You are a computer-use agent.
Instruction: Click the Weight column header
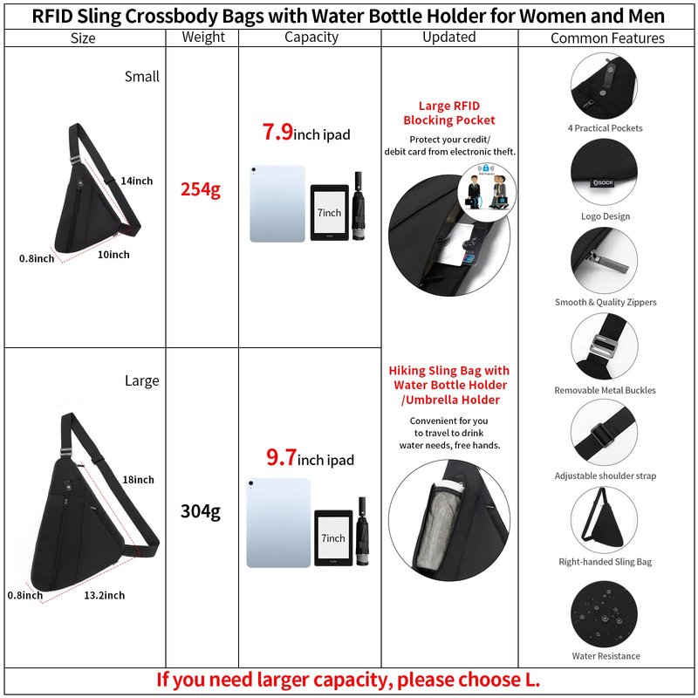[x=203, y=37]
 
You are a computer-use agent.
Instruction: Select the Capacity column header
[x=311, y=37]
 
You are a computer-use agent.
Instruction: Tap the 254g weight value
[x=201, y=189]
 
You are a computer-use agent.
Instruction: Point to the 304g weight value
[x=201, y=511]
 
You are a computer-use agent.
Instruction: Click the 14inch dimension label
[x=137, y=181]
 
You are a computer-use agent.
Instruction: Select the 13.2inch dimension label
[x=105, y=595]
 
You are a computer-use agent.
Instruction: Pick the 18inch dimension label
[x=139, y=479]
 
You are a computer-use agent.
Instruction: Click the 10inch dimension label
[x=113, y=255]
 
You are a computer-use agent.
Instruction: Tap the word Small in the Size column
[x=141, y=77]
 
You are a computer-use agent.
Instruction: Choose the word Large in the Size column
[x=141, y=380]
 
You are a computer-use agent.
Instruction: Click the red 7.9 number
[x=277, y=132]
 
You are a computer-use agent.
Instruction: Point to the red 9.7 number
[x=281, y=457]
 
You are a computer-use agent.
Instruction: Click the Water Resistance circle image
[x=604, y=614]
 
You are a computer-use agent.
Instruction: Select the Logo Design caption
[x=606, y=216]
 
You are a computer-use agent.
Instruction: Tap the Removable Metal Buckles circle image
[x=604, y=346]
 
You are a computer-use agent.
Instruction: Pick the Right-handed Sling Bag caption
[x=605, y=562]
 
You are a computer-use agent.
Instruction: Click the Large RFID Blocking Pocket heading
[x=449, y=113]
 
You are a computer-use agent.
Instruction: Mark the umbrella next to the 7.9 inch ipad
[x=359, y=206]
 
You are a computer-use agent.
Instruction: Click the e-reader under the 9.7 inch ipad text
[x=333, y=537]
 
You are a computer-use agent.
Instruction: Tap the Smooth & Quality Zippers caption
[x=606, y=302]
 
